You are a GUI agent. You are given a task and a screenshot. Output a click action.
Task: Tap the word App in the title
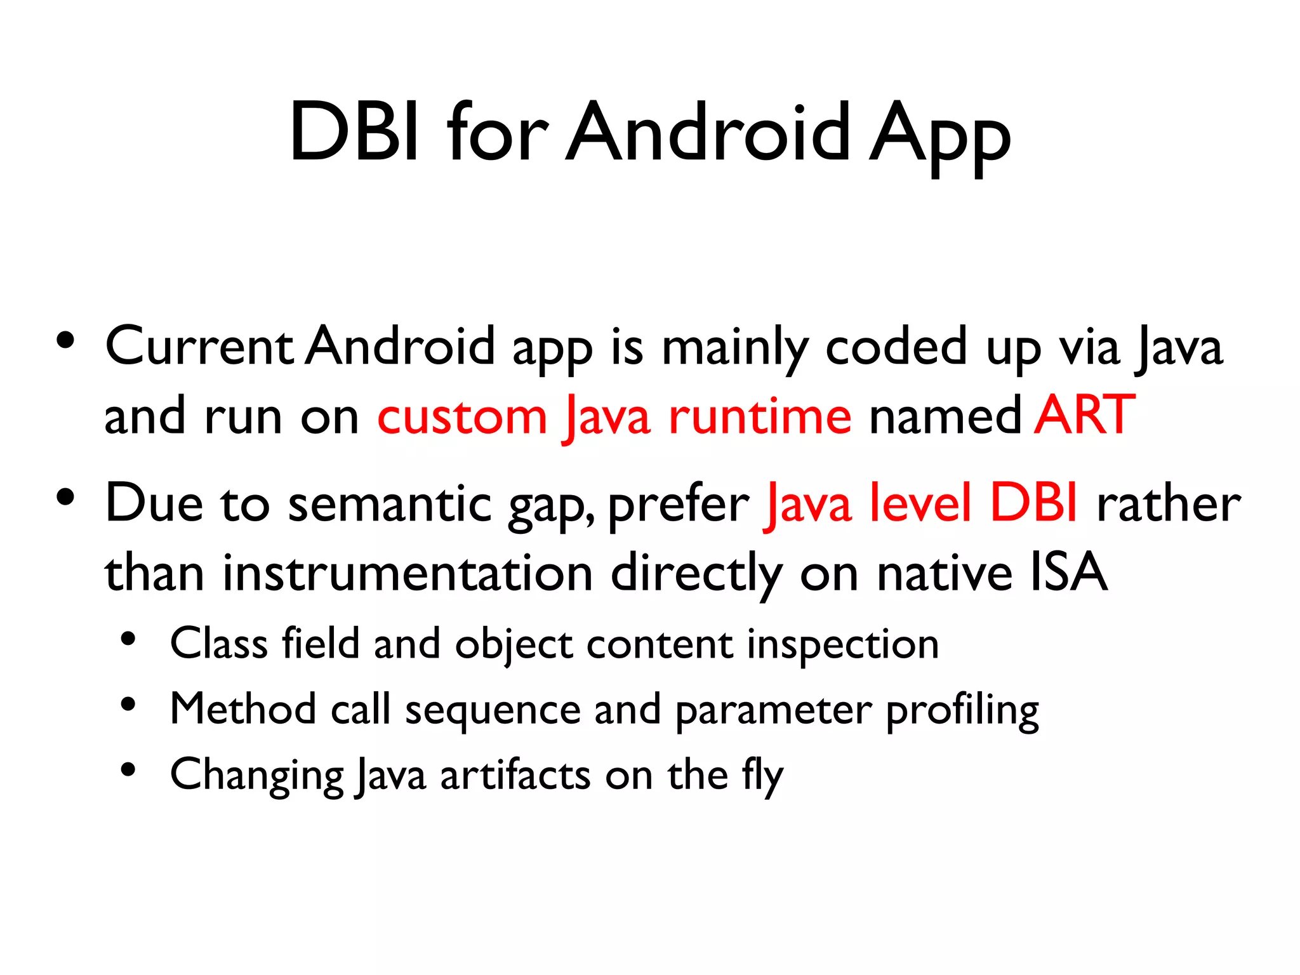tap(939, 136)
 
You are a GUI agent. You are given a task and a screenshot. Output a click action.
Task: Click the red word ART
tap(1085, 416)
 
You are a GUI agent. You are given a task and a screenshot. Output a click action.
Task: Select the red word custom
tap(462, 417)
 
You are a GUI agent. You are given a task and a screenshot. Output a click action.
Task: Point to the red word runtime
tap(760, 417)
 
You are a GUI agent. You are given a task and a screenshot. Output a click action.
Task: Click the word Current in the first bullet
tap(199, 347)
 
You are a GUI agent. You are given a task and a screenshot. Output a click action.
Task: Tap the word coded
tap(896, 347)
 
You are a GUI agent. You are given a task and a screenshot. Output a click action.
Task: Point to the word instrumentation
tap(408, 573)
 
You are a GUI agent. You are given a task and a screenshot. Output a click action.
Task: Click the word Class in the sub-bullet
tap(219, 644)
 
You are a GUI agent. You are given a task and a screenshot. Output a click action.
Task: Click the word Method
tap(243, 709)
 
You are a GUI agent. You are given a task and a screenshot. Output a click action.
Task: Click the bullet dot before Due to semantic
tap(65, 498)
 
